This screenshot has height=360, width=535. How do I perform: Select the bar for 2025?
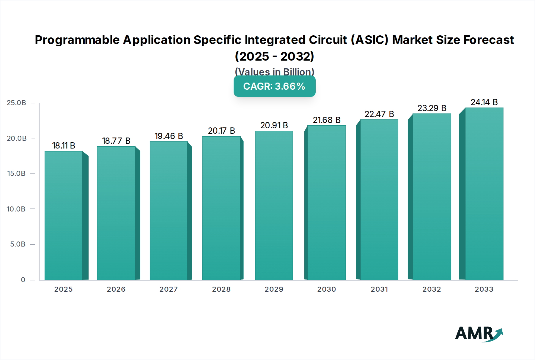pos(63,215)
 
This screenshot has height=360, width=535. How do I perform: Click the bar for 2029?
pos(274,205)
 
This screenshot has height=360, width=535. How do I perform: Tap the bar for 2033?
pos(484,194)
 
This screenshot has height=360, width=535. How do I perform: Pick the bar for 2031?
pos(379,200)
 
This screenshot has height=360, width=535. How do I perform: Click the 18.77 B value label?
pos(116,141)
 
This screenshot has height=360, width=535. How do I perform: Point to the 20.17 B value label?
pos(221,131)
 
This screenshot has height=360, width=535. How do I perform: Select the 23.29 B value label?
pos(432,108)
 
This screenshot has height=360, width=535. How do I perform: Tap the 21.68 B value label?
pos(327,120)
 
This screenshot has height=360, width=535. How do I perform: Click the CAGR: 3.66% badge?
pos(274,86)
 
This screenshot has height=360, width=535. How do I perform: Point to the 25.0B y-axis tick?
pos(16,103)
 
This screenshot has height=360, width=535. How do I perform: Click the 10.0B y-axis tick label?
pos(16,209)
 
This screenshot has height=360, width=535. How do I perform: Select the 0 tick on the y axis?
pos(23,280)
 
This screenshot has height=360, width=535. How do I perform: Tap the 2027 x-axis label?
pos(169,289)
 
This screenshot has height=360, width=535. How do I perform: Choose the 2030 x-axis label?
pos(327,289)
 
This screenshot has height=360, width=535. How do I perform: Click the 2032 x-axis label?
pos(432,289)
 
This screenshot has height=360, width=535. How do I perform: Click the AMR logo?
pos(479,334)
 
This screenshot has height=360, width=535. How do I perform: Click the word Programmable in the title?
pos(77,40)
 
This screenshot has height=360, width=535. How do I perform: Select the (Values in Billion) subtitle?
pos(274,72)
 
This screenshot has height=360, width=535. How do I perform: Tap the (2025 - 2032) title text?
pos(274,56)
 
